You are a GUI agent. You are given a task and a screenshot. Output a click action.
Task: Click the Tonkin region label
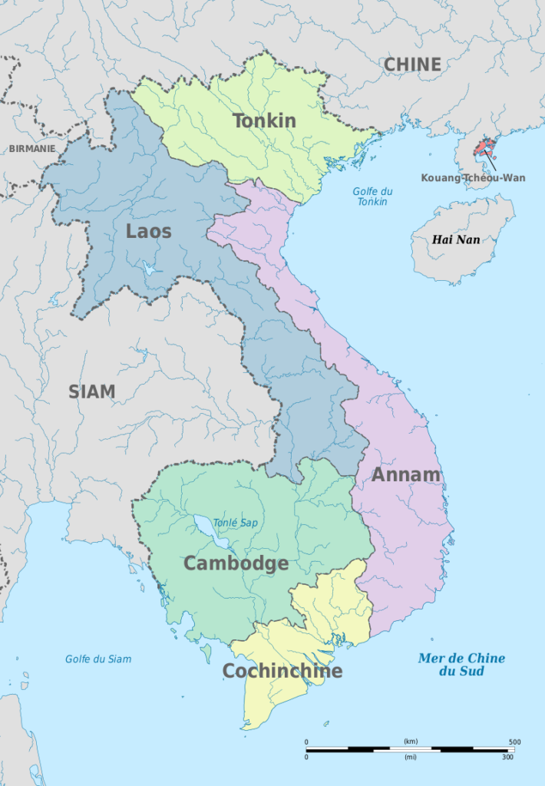(x=264, y=121)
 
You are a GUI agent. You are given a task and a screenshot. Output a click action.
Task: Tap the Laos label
(x=148, y=231)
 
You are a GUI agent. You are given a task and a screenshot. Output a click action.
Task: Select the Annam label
(x=406, y=474)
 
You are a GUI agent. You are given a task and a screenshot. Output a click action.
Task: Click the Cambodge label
(x=236, y=563)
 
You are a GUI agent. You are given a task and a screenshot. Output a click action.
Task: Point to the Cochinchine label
(x=282, y=672)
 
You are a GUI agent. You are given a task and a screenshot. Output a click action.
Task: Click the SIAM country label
(x=91, y=391)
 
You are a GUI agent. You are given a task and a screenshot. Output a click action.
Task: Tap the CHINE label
(x=412, y=64)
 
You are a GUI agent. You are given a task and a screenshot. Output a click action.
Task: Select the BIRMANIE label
(x=32, y=149)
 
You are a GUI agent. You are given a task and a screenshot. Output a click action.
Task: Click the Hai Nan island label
(x=456, y=239)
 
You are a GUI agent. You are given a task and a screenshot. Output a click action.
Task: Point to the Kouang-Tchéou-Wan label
(x=473, y=178)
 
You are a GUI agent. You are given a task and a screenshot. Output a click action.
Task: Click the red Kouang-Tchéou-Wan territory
(x=483, y=146)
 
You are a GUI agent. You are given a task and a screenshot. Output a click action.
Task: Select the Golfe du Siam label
(x=97, y=659)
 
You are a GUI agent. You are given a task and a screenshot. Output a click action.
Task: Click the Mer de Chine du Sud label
(x=461, y=665)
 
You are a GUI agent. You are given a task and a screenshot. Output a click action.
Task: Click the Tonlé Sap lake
(x=210, y=533)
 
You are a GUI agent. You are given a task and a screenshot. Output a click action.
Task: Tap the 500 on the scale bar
(x=514, y=742)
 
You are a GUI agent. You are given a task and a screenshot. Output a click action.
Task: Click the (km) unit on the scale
(x=410, y=741)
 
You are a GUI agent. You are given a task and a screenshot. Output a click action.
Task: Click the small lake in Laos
(x=148, y=269)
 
